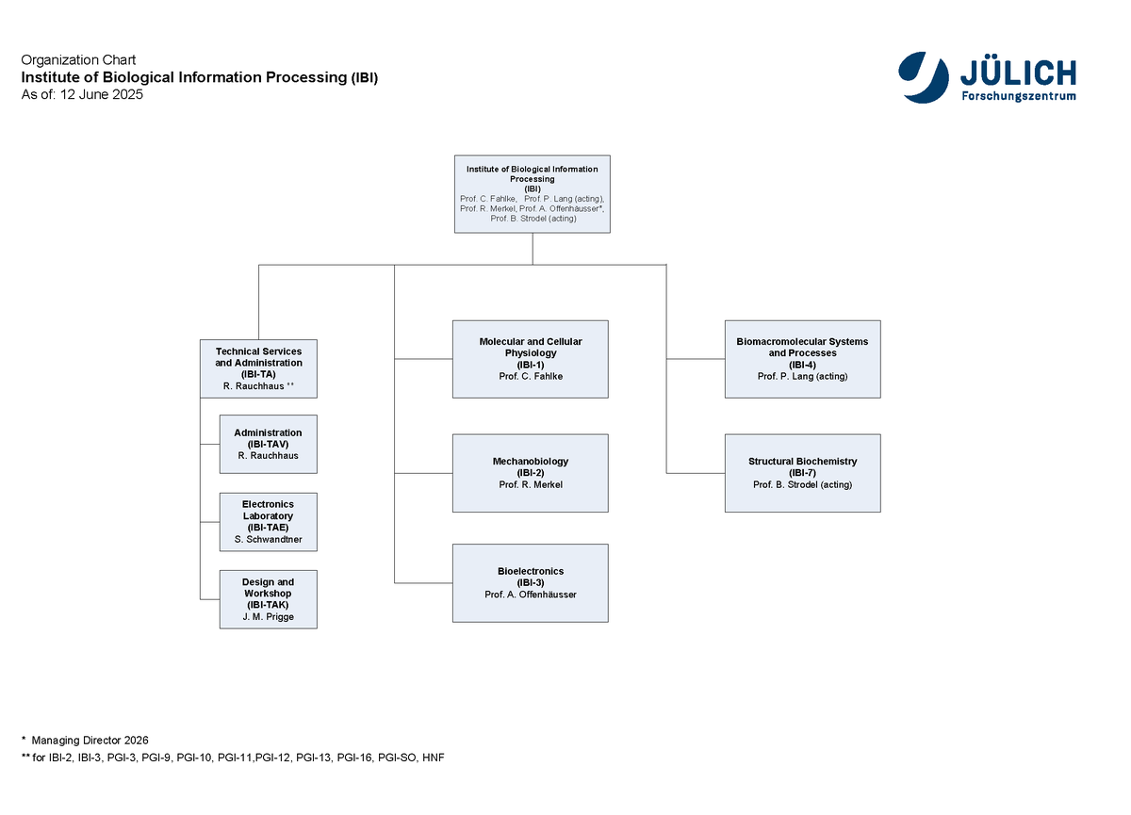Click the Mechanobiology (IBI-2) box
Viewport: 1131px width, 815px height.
pyautogui.click(x=530, y=473)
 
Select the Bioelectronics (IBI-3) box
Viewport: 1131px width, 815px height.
pyautogui.click(x=530, y=583)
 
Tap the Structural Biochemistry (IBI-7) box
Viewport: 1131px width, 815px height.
pyautogui.click(x=803, y=473)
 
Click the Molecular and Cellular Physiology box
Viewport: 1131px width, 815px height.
pyautogui.click(x=530, y=359)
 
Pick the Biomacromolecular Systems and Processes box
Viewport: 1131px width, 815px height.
pyautogui.click(x=803, y=359)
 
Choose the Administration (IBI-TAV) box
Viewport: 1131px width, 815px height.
pyautogui.click(x=268, y=444)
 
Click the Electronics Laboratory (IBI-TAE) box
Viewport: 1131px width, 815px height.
pyautogui.click(x=268, y=522)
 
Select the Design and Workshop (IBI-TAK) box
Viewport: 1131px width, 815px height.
pyautogui.click(x=268, y=599)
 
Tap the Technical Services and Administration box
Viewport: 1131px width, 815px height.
pyautogui.click(x=258, y=368)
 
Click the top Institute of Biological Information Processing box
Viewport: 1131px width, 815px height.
pyautogui.click(x=533, y=194)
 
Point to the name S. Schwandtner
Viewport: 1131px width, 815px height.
pyautogui.click(x=268, y=540)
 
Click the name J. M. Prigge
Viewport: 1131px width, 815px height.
pyautogui.click(x=268, y=617)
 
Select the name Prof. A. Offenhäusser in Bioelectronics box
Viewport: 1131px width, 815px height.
pyautogui.click(x=530, y=595)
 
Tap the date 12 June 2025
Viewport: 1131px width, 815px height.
pyautogui.click(x=102, y=94)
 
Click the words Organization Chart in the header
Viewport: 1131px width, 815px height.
pyautogui.click(x=78, y=60)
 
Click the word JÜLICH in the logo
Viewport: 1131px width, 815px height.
pyautogui.click(x=1018, y=73)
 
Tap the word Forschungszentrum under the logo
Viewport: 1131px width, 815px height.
pyautogui.click(x=1019, y=96)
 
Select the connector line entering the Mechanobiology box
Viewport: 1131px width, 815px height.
pyautogui.click(x=423, y=473)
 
